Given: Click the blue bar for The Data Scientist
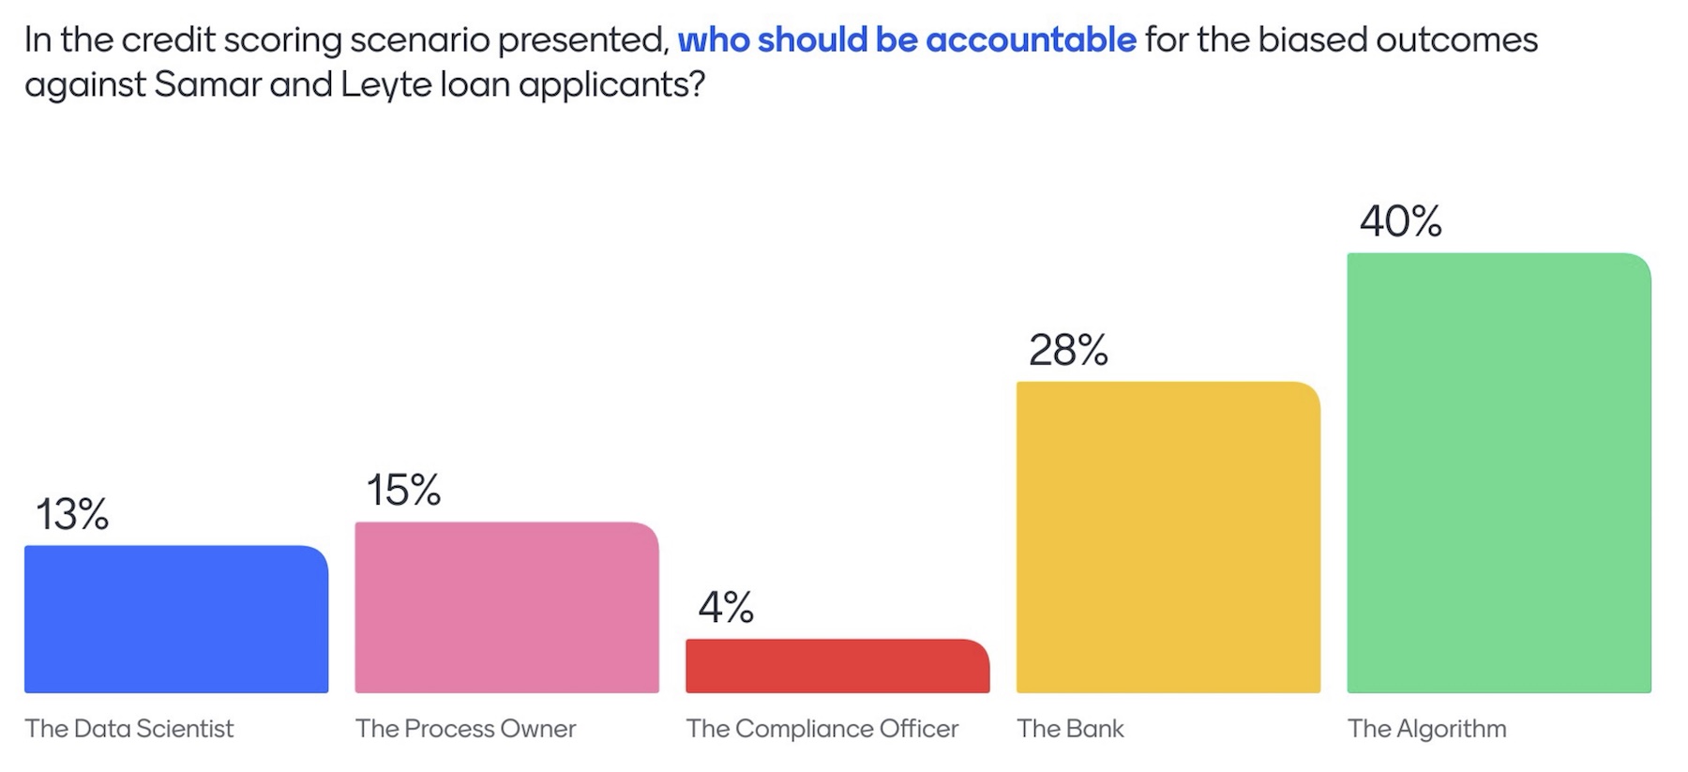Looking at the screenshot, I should tap(176, 619).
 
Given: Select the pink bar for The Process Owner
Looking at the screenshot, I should tap(506, 608).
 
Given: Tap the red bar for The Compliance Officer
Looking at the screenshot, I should tap(837, 666).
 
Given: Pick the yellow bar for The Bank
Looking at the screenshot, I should tap(1168, 537).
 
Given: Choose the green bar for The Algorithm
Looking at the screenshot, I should tap(1499, 473).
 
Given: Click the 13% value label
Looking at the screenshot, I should tap(72, 514).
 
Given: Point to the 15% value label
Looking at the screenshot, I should tap(403, 490).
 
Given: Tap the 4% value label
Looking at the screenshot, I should tap(726, 608).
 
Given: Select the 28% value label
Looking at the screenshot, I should tap(1068, 350).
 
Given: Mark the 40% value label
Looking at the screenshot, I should tap(1401, 221).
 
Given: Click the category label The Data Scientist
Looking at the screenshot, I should tap(129, 729).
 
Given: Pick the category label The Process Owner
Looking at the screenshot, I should tap(466, 729).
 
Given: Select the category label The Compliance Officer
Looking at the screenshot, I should tap(822, 729).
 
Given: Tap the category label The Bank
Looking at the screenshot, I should tap(1070, 729).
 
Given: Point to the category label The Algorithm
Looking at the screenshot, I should tap(1426, 729).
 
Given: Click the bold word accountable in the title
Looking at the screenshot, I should tap(1031, 39).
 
